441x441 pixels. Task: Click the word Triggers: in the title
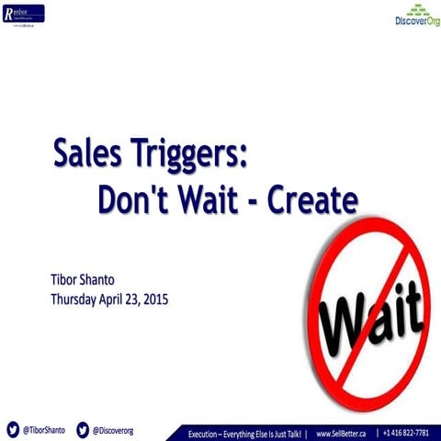(x=192, y=154)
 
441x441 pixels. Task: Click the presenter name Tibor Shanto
(x=81, y=279)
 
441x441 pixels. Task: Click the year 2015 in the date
(x=153, y=299)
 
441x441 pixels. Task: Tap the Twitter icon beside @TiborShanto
(x=13, y=429)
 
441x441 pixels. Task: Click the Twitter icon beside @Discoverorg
(x=83, y=429)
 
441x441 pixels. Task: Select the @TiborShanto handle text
(x=43, y=429)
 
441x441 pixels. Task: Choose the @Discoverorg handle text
(x=113, y=429)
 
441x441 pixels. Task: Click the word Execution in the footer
(x=206, y=432)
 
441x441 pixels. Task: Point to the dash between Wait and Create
(x=254, y=200)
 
